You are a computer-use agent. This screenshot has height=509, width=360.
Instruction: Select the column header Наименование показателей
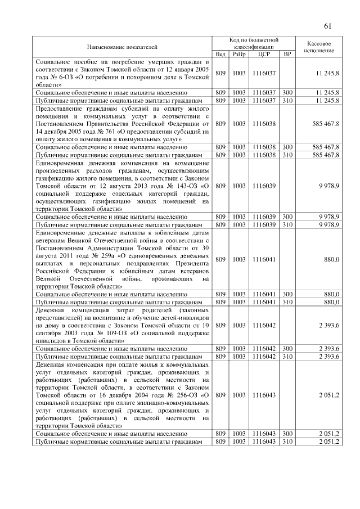coord(122,47)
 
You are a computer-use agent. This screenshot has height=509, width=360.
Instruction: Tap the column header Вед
coord(220,54)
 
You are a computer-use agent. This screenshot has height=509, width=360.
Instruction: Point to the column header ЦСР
coord(263,54)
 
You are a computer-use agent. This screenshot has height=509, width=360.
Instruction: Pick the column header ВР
coord(287,54)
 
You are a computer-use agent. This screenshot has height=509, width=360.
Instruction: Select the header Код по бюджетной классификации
coord(254,43)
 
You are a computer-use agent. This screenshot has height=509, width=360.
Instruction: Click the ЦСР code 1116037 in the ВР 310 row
coord(263,100)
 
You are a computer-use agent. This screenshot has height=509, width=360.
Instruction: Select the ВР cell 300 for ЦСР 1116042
coord(287,348)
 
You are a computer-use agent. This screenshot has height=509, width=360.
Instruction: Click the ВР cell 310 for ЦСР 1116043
coord(287,442)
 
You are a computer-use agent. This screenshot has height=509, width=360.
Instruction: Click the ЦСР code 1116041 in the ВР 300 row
coord(263,294)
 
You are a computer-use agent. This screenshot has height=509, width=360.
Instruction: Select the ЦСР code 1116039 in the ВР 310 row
coord(263,224)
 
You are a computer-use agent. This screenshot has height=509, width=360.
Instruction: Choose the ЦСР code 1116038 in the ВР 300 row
coord(263,146)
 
